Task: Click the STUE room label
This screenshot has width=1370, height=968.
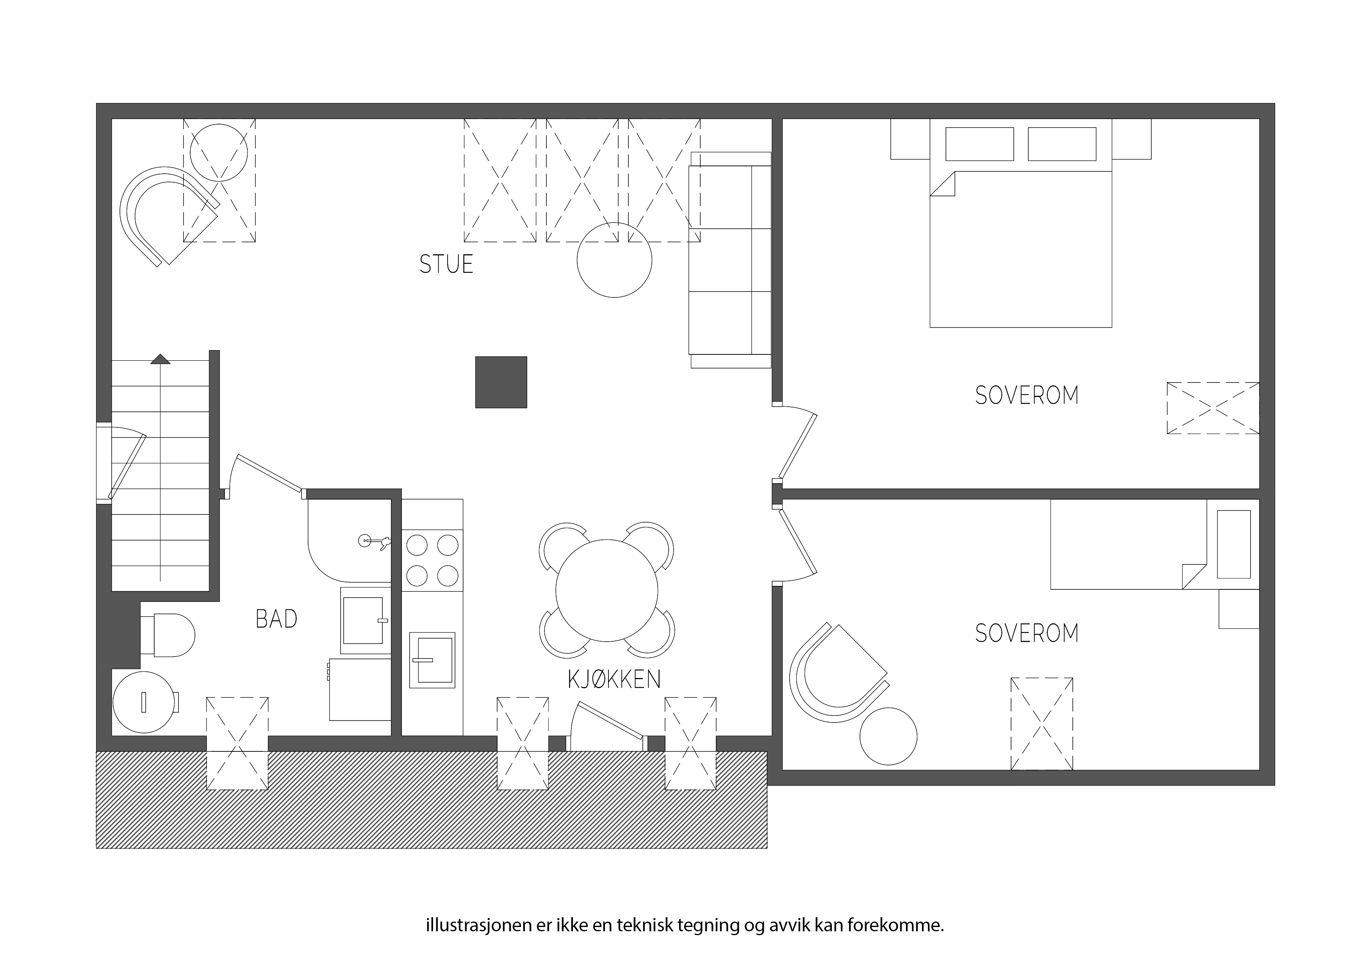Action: [446, 264]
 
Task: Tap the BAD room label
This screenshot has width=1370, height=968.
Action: [276, 619]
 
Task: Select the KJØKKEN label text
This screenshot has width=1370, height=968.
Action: [614, 679]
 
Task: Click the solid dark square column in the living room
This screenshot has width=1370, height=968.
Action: [501, 382]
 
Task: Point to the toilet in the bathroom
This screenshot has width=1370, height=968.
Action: [167, 635]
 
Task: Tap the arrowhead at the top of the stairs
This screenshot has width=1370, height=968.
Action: [161, 359]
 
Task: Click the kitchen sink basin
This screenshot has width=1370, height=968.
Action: [432, 660]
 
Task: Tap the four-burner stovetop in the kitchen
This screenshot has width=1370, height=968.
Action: [432, 561]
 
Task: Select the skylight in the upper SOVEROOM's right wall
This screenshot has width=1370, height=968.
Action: [1213, 408]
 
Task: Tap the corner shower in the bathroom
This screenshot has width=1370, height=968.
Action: [349, 540]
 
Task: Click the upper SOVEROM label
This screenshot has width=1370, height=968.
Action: [1026, 395]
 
